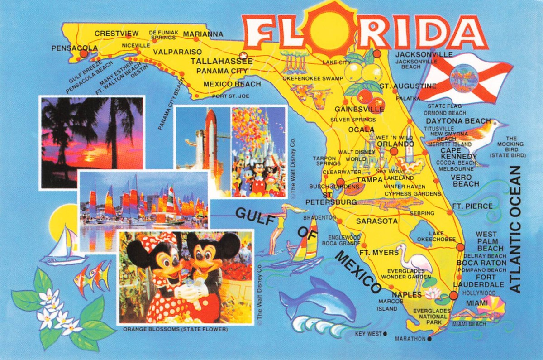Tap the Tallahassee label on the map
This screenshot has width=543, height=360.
click(x=221, y=62)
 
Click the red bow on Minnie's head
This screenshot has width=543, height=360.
click(x=165, y=238)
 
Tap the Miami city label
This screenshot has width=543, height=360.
click(x=477, y=302)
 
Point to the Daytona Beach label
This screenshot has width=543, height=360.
click(x=458, y=121)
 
